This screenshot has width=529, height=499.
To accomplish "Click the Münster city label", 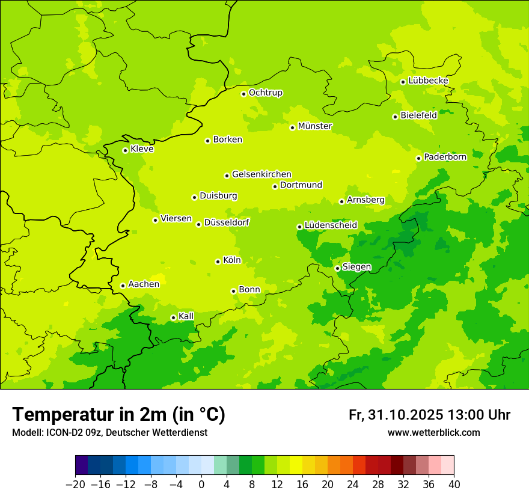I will (x=315, y=126).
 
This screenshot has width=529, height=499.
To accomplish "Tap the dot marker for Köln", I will (x=218, y=262).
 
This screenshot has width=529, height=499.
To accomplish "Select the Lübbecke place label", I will (x=428, y=81).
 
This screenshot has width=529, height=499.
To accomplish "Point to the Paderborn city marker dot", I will (x=418, y=158).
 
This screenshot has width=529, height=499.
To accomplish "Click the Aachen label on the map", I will (x=144, y=284).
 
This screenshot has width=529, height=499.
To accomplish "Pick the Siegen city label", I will (x=356, y=267).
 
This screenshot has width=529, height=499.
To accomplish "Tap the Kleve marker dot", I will (x=125, y=150).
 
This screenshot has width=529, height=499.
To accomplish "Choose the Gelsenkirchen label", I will (x=261, y=174).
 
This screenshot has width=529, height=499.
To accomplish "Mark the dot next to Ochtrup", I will (x=243, y=94).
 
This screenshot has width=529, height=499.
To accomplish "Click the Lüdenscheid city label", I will (x=331, y=225).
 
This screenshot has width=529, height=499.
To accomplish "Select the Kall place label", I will (x=186, y=316).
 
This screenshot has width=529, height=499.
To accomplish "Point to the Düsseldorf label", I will (x=227, y=222).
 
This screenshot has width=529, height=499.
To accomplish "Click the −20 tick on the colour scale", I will (x=75, y=485).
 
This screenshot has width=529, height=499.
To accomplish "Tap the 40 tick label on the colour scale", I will (x=454, y=485).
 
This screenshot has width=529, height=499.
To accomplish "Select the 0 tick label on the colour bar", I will (x=201, y=485).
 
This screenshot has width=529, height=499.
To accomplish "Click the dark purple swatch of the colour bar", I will (x=81, y=465).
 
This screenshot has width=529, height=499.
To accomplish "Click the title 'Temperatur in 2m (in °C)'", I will (x=118, y=415).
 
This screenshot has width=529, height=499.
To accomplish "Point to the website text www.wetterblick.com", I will (x=433, y=432).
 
